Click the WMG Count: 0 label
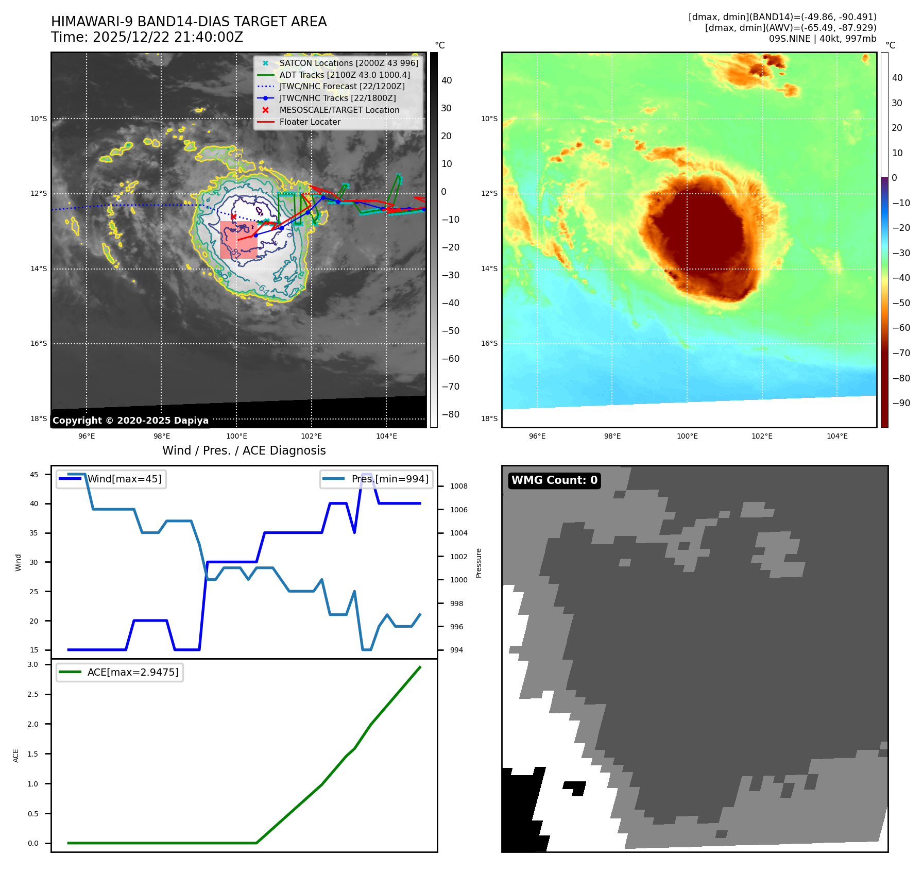tap(554, 480)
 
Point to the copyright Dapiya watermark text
tap(130, 421)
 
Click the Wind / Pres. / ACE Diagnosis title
tap(244, 450)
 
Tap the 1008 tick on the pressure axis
tap(458, 486)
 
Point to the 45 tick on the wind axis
tap(34, 475)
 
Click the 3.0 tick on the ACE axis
tap(33, 664)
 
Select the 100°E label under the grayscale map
tap(236, 436)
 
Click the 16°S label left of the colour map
tap(489, 343)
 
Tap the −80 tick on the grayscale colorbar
tap(450, 414)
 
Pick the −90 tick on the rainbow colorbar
tap(901, 403)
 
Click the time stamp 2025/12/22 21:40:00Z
tap(167, 37)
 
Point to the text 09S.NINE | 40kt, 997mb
tap(823, 39)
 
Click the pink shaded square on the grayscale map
tap(238, 240)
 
